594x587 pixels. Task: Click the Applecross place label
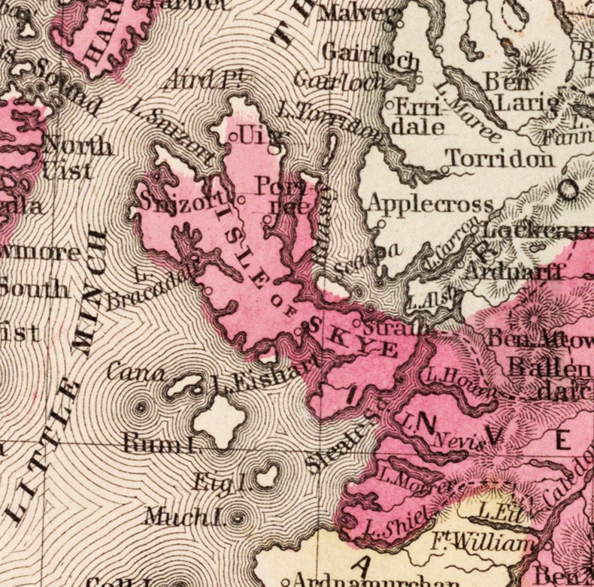430,204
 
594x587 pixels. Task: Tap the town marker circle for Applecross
382,222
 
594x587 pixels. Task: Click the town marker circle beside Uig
233,137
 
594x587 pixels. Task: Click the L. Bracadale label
151,289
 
